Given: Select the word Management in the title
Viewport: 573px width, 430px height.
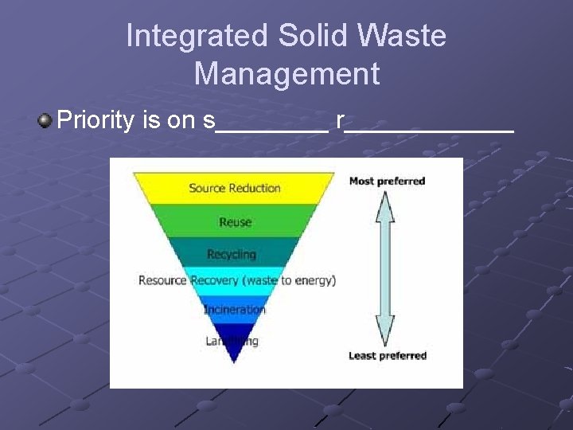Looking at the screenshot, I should [x=286, y=74].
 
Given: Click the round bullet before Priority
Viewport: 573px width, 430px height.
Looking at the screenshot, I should [x=45, y=121].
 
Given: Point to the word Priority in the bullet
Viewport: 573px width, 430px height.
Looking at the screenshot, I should [x=96, y=121].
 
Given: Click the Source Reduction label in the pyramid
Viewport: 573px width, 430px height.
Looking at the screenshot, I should [x=235, y=189].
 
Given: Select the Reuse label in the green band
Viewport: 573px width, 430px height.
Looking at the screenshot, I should [x=235, y=222].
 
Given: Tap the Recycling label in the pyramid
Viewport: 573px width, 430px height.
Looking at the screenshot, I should [x=232, y=255].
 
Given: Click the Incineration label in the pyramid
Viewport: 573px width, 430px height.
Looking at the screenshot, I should [x=235, y=309].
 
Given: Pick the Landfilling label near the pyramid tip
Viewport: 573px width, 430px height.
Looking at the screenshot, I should [x=232, y=341].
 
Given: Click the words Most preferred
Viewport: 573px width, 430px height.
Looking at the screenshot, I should [x=388, y=181].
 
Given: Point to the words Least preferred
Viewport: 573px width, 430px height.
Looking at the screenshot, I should [x=388, y=355].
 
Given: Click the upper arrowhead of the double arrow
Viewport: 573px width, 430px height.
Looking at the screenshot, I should [x=384, y=205].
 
